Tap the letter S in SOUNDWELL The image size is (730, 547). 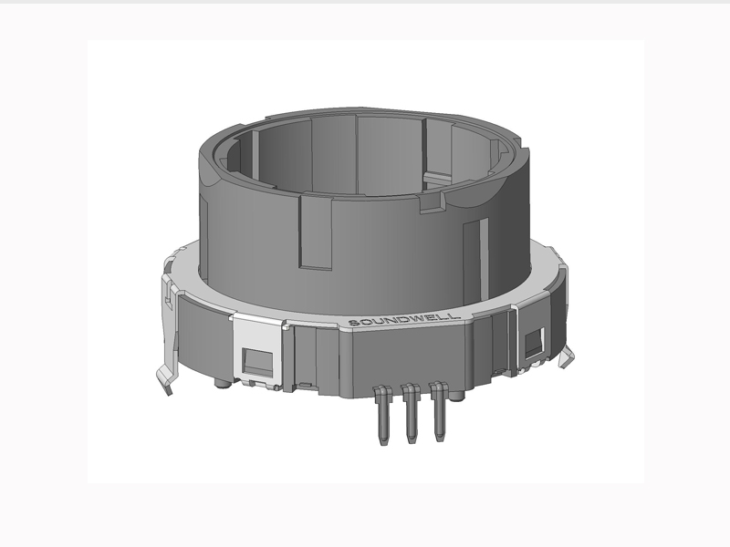[353, 322]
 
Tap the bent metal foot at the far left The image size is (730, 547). [164, 378]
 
